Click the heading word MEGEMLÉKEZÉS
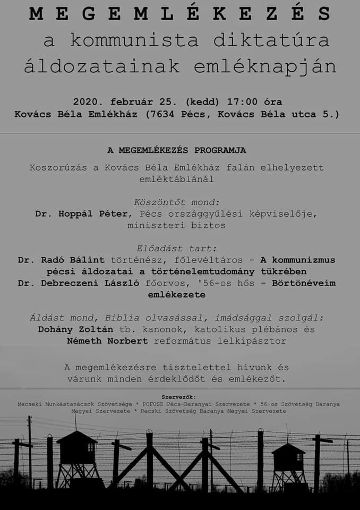click(x=180, y=14)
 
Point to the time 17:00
click(x=243, y=101)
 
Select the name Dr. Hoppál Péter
click(x=82, y=214)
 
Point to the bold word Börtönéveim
click(x=304, y=283)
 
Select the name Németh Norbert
click(x=107, y=341)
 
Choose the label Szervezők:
click(x=179, y=397)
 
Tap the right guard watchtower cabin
click(x=288, y=456)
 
